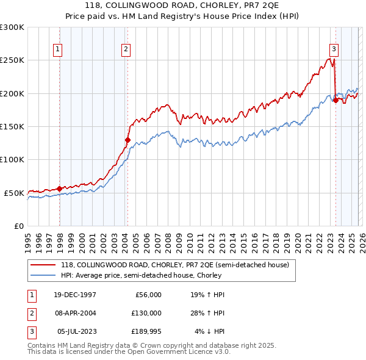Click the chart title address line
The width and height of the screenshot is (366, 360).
[x=183, y=5]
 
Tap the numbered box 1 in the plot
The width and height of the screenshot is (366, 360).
[x=58, y=50]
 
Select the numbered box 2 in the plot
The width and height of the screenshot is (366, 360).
[x=126, y=50]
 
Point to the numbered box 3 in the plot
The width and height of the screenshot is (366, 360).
[x=334, y=50]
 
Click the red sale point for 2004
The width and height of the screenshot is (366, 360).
[x=127, y=140]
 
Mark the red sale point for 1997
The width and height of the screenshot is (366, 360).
[x=59, y=189]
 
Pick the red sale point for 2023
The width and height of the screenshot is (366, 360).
[x=335, y=101]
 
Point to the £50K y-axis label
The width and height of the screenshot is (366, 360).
[x=14, y=193]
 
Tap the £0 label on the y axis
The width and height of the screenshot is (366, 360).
[x=18, y=226]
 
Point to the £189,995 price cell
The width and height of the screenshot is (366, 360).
[x=145, y=331]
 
